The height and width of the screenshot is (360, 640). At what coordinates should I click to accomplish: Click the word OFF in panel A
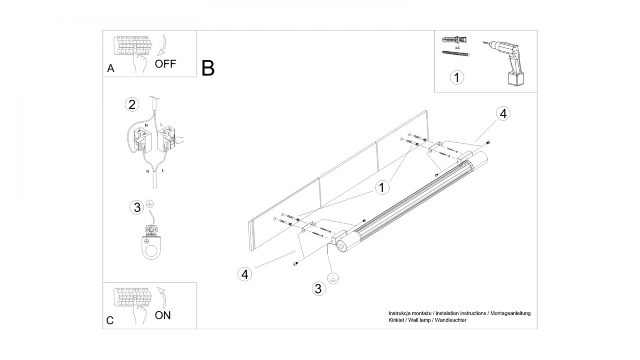(x=165, y=64)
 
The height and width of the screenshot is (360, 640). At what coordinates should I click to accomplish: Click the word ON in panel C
(x=163, y=315)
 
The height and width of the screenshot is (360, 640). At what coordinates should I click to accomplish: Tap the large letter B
(x=208, y=68)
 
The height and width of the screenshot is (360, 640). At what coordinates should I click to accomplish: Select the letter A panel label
(x=111, y=68)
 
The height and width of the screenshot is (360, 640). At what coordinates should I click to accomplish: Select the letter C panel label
(x=110, y=320)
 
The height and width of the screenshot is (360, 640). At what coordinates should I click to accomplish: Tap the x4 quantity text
(x=457, y=47)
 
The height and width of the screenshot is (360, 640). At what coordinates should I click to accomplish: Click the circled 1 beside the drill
(x=457, y=77)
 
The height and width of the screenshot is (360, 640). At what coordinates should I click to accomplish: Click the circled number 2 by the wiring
(x=132, y=105)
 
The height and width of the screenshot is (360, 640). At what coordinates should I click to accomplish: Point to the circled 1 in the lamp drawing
(x=381, y=188)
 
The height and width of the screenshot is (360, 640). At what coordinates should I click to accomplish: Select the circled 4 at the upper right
(x=503, y=114)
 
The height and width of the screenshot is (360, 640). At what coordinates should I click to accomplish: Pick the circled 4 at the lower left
(x=244, y=274)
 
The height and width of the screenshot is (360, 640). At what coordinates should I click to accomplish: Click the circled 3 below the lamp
(x=318, y=289)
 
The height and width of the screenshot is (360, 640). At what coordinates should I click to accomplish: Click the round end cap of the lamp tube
(x=342, y=246)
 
